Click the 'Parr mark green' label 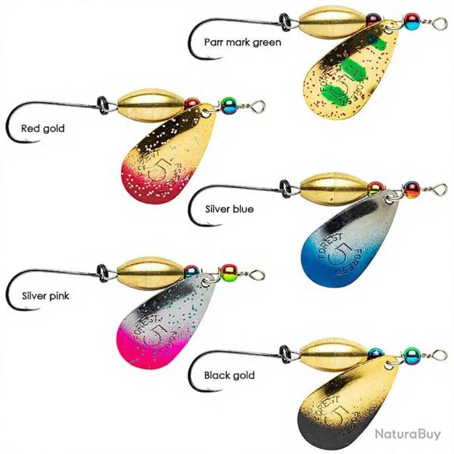pos(243,42)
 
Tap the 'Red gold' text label pos(43,129)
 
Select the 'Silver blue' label pos(229,209)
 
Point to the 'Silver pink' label pos(45,296)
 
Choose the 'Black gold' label pos(229,375)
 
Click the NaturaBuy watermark pos(408,434)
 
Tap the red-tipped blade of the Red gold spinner pos(166,157)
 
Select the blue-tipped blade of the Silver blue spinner pos(347,241)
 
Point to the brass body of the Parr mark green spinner pos(332,22)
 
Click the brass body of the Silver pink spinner pos(150,273)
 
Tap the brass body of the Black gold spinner pos(334,355)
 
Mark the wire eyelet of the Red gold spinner pos(258,106)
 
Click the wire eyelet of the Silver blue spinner pos(440,190)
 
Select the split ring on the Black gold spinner pos(285,354)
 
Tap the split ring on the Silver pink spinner pos(103,273)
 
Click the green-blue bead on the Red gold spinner pos(229,105)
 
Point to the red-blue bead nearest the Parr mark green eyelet pos(412,22)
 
